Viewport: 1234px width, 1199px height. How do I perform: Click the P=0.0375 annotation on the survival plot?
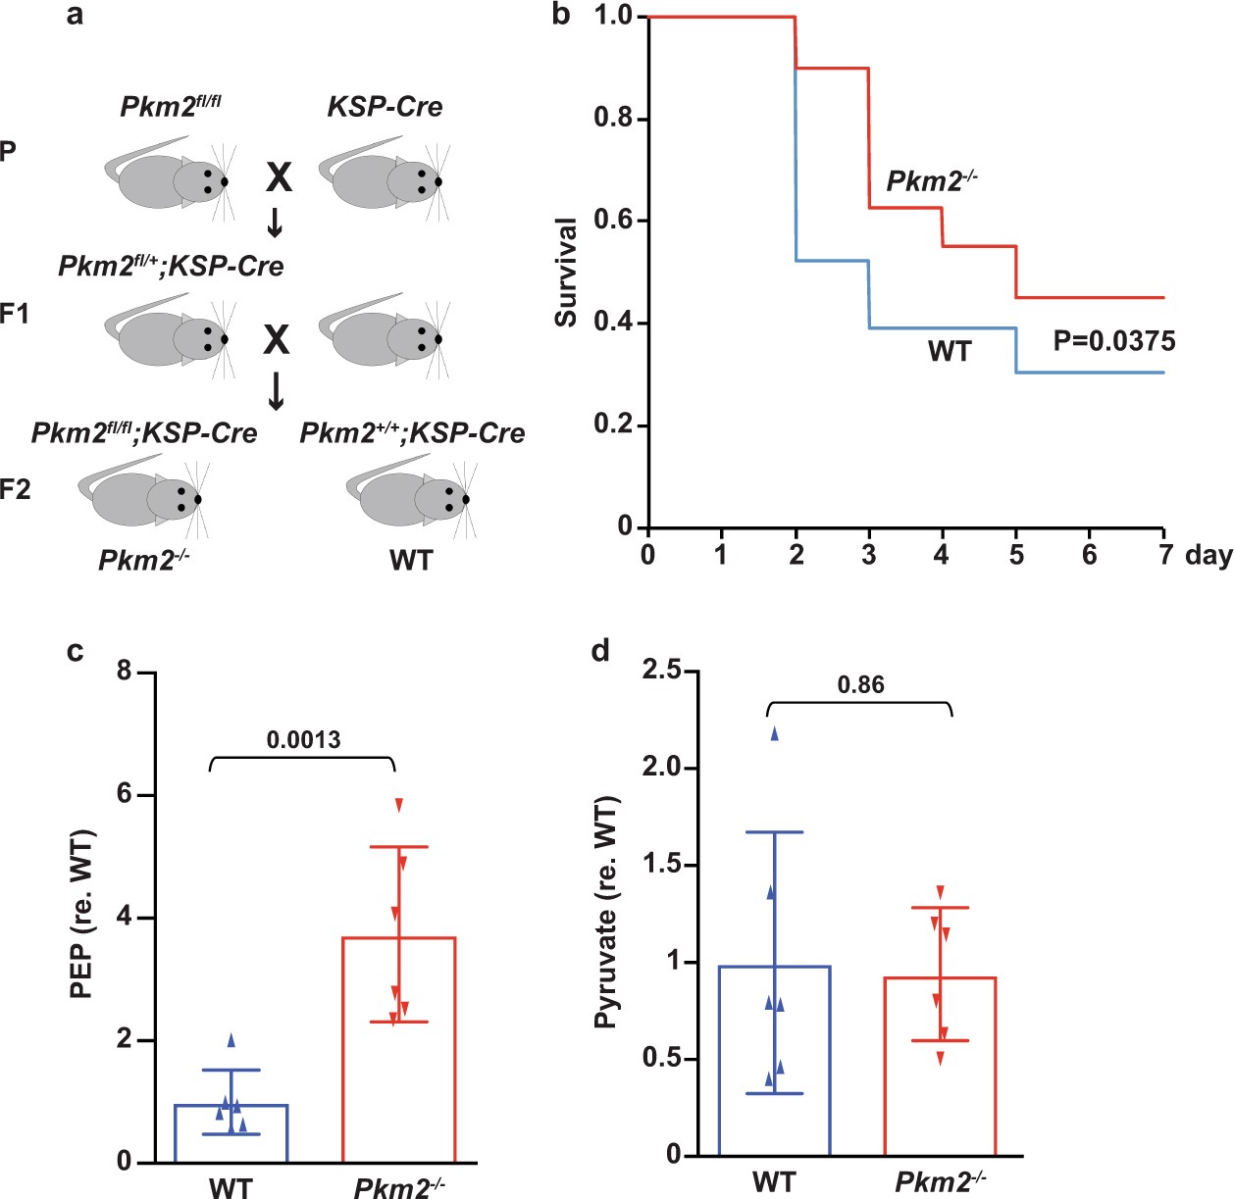point(1113,341)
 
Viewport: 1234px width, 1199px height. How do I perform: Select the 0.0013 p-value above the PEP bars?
point(303,739)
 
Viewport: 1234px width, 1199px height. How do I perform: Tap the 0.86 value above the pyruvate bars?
point(860,685)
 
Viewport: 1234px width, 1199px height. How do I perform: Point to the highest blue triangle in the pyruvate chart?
point(774,733)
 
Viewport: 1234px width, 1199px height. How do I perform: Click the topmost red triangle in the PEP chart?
point(399,805)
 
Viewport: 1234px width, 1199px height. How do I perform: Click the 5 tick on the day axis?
point(1016,555)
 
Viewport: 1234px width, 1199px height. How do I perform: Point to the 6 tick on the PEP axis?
point(124,793)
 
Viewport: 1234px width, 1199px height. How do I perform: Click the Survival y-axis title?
point(566,273)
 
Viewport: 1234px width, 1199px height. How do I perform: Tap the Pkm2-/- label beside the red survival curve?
point(931,181)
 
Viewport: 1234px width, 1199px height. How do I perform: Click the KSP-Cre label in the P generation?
point(385,107)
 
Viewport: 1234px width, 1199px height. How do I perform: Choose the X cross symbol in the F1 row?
point(277,339)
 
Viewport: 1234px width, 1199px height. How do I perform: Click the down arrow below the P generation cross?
point(276,225)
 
